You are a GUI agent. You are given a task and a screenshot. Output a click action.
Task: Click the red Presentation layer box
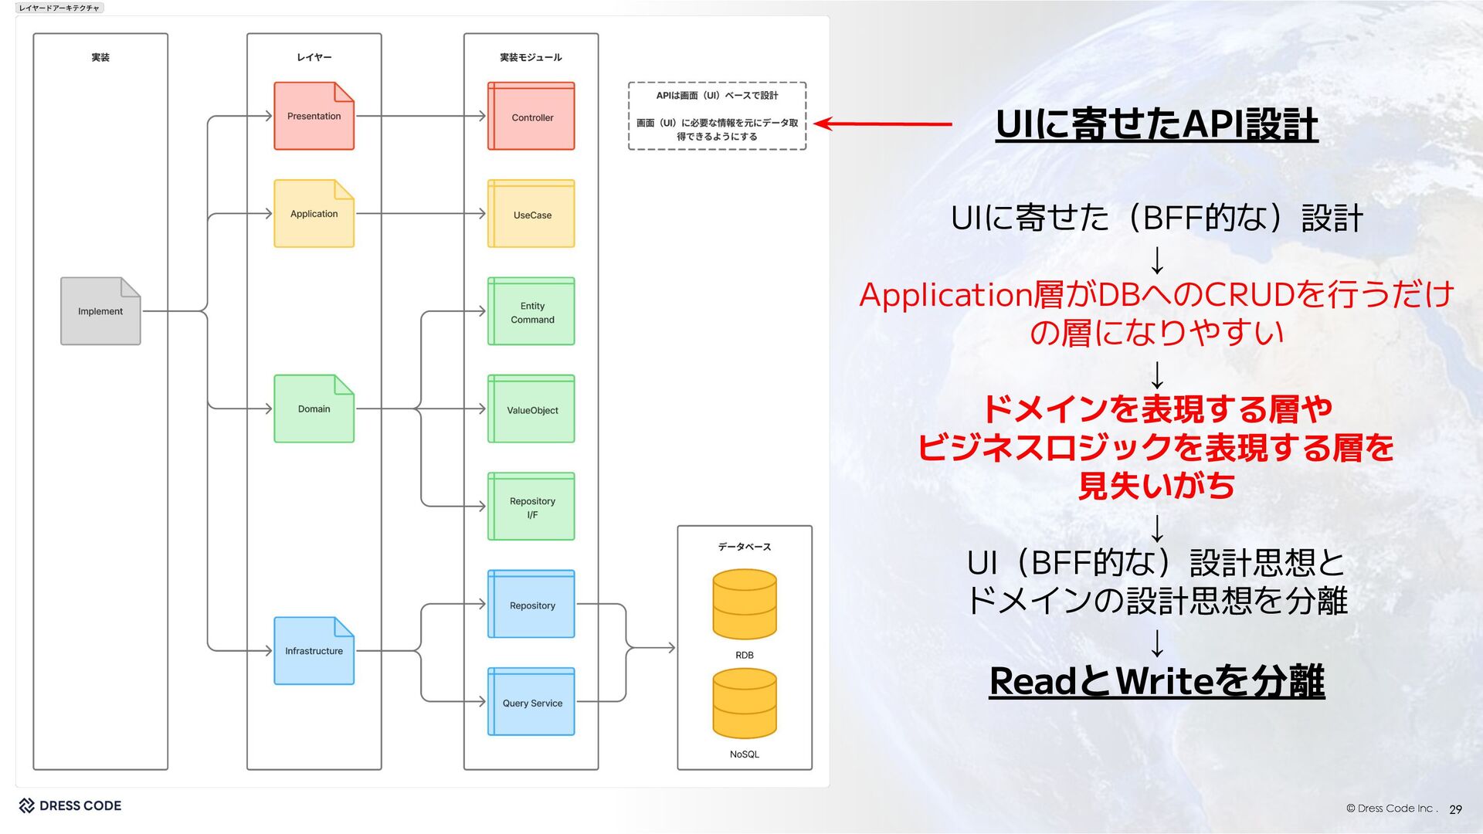[x=314, y=116]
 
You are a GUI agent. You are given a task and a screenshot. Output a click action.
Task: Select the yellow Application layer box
[x=314, y=214]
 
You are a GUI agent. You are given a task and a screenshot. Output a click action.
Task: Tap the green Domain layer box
[x=314, y=409]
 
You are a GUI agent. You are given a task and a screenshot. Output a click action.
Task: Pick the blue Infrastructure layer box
[x=314, y=651]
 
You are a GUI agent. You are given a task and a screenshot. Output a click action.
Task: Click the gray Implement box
[x=100, y=311]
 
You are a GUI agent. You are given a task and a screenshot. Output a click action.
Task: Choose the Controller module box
[x=531, y=117]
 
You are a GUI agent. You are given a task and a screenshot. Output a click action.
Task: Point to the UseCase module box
[x=531, y=214]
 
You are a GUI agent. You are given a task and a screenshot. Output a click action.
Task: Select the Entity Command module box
[x=531, y=312]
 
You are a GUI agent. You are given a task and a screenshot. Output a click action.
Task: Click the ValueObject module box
[x=531, y=409]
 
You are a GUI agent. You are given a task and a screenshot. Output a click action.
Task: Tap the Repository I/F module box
[x=531, y=507]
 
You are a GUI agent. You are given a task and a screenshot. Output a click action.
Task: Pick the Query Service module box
[x=531, y=702]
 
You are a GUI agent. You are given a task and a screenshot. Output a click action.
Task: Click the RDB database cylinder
[x=745, y=605]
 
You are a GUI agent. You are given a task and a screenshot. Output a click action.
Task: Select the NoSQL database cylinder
[x=745, y=703]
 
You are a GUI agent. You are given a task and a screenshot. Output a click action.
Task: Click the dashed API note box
[x=717, y=116]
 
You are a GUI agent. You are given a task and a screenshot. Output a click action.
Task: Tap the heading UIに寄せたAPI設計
[x=1156, y=124]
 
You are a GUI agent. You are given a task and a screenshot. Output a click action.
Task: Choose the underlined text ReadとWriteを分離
[x=1156, y=681]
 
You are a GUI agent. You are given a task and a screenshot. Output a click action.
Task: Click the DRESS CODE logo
[x=70, y=805]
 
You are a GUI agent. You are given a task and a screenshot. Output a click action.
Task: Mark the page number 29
[x=1455, y=809]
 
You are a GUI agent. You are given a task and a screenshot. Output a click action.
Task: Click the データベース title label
[x=745, y=547]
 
